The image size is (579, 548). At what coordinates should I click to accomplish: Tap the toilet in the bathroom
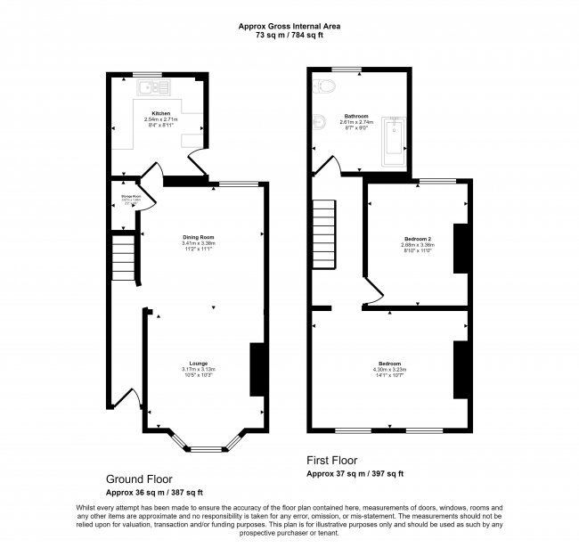pyautogui.click(x=322, y=86)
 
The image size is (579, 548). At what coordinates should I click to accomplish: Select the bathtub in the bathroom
pyautogui.click(x=392, y=142)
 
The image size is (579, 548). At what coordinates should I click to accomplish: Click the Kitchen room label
pyautogui.click(x=160, y=114)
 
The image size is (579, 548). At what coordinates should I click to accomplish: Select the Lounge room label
pyautogui.click(x=198, y=364)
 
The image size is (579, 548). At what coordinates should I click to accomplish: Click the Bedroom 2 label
pyautogui.click(x=417, y=240)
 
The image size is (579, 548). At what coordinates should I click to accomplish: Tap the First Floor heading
pyautogui.click(x=331, y=461)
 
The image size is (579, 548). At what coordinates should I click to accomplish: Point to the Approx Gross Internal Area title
pyautogui.click(x=289, y=27)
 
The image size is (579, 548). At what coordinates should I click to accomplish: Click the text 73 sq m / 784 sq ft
pyautogui.click(x=289, y=37)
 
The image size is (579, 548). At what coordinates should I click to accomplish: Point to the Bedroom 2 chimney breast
pyautogui.click(x=461, y=248)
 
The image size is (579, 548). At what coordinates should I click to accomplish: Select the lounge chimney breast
pyautogui.click(x=257, y=369)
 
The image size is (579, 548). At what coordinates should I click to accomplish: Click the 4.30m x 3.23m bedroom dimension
pyautogui.click(x=389, y=370)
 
